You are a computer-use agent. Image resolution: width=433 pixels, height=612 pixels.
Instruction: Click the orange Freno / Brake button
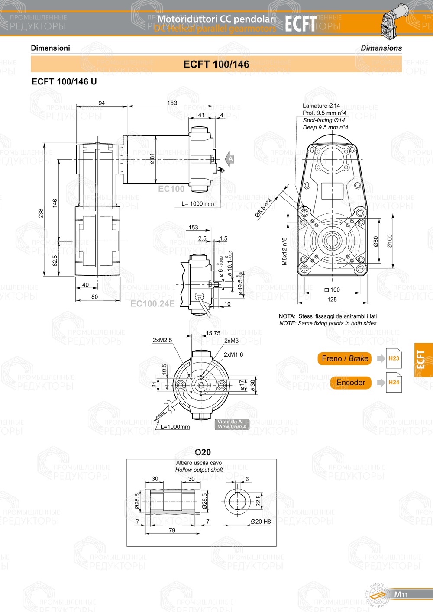(345, 358)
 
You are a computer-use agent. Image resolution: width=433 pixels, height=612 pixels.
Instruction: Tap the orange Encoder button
(350, 383)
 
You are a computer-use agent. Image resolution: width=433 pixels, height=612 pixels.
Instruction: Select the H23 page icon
(394, 358)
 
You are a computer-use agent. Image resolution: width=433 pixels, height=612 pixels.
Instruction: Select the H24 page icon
(394, 383)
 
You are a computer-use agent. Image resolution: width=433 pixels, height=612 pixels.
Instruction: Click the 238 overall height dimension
(41, 213)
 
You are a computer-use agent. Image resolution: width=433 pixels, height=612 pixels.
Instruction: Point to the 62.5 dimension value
(55, 261)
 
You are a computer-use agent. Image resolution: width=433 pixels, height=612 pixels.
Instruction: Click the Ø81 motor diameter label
(152, 159)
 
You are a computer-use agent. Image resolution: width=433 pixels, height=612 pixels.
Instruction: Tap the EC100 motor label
(171, 189)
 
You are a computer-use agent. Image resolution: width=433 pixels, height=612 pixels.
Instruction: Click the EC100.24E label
(152, 304)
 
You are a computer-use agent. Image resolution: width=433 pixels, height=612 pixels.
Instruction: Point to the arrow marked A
(230, 159)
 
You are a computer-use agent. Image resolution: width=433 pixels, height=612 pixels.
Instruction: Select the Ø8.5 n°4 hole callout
(264, 207)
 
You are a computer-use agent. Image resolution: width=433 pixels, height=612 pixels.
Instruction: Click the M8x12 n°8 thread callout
(284, 251)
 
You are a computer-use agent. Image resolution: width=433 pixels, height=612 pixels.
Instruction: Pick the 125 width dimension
(332, 300)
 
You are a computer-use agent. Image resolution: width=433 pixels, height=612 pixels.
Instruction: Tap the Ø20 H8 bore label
(261, 522)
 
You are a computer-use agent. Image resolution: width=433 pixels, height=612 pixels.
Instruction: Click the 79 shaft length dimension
(172, 530)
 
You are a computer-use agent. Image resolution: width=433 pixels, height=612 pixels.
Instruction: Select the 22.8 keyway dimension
(259, 501)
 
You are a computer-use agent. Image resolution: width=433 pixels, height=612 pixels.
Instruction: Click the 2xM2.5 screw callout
(162, 340)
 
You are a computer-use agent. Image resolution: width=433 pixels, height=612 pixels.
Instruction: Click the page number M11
(401, 595)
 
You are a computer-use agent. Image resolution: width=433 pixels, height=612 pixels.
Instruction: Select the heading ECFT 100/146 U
(64, 81)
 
